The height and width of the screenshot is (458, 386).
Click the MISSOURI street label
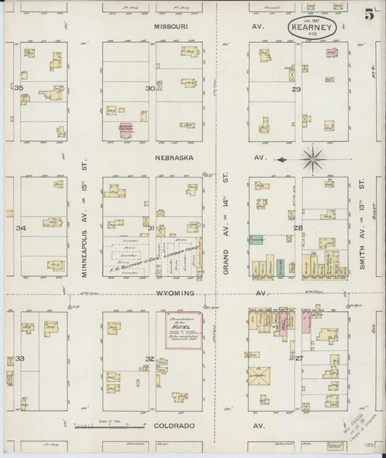coord(171,26)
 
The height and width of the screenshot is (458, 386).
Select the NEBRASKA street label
coord(171,157)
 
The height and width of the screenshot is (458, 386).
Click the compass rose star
coord(313,157)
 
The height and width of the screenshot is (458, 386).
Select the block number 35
coord(19,88)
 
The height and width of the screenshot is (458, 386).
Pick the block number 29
coord(295,89)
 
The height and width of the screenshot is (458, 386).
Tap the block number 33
coord(20,359)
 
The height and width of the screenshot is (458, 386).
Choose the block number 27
coord(298,358)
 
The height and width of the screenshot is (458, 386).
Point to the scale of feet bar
coord(96,422)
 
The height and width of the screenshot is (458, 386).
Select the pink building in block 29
coord(331,53)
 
